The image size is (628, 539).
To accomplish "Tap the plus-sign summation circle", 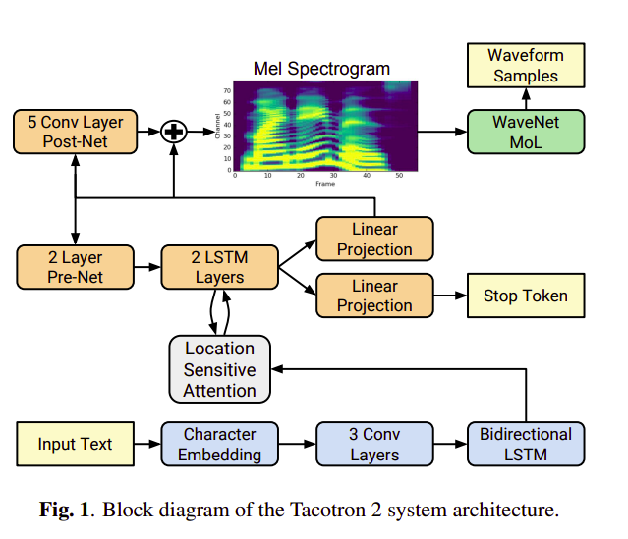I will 174,132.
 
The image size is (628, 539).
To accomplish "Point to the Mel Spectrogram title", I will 320,69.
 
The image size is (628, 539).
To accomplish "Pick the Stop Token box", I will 525,296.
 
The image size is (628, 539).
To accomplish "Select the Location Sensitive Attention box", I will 219,370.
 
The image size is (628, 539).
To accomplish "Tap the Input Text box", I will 75,445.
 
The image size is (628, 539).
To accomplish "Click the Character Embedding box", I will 219,445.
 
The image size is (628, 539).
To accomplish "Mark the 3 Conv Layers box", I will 373,445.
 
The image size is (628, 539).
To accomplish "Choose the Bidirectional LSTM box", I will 525,445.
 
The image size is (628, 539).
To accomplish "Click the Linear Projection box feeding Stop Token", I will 373,296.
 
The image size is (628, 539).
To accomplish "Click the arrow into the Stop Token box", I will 449,296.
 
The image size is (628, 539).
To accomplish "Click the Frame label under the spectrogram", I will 324,184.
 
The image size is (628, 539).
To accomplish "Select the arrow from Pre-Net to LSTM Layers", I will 146,267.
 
